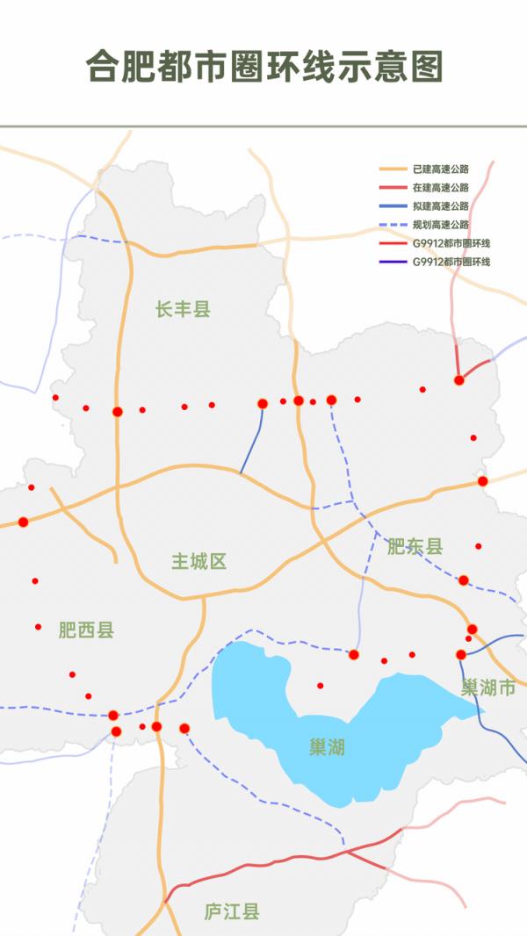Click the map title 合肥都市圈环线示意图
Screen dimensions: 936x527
263,66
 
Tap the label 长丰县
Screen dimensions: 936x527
183,309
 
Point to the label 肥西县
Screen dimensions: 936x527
86,630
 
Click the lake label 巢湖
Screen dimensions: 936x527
327,747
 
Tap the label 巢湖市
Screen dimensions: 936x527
487,688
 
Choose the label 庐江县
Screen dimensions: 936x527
232,911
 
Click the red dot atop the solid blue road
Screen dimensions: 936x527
262,404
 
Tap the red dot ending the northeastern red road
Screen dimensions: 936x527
458,380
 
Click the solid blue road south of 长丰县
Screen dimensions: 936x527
252,443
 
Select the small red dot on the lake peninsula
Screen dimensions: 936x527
320,686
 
